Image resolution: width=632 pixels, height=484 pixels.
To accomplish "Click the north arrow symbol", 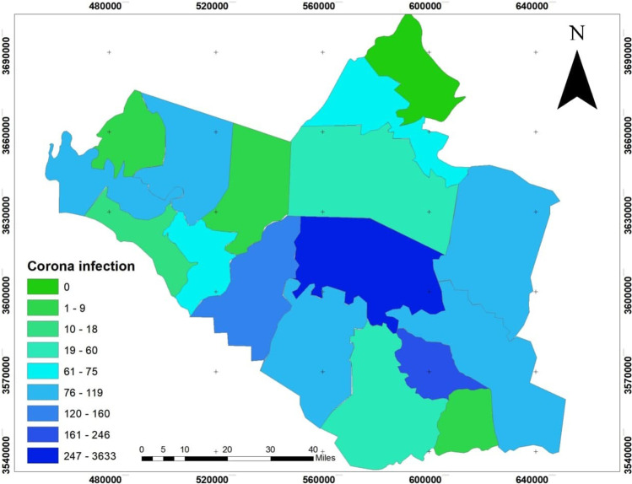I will click(576, 82).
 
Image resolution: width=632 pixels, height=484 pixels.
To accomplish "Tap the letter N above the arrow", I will click(577, 34).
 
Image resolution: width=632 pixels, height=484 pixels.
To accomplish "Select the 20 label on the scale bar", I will click(227, 449).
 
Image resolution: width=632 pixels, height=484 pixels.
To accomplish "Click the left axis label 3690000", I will click(6, 52).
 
